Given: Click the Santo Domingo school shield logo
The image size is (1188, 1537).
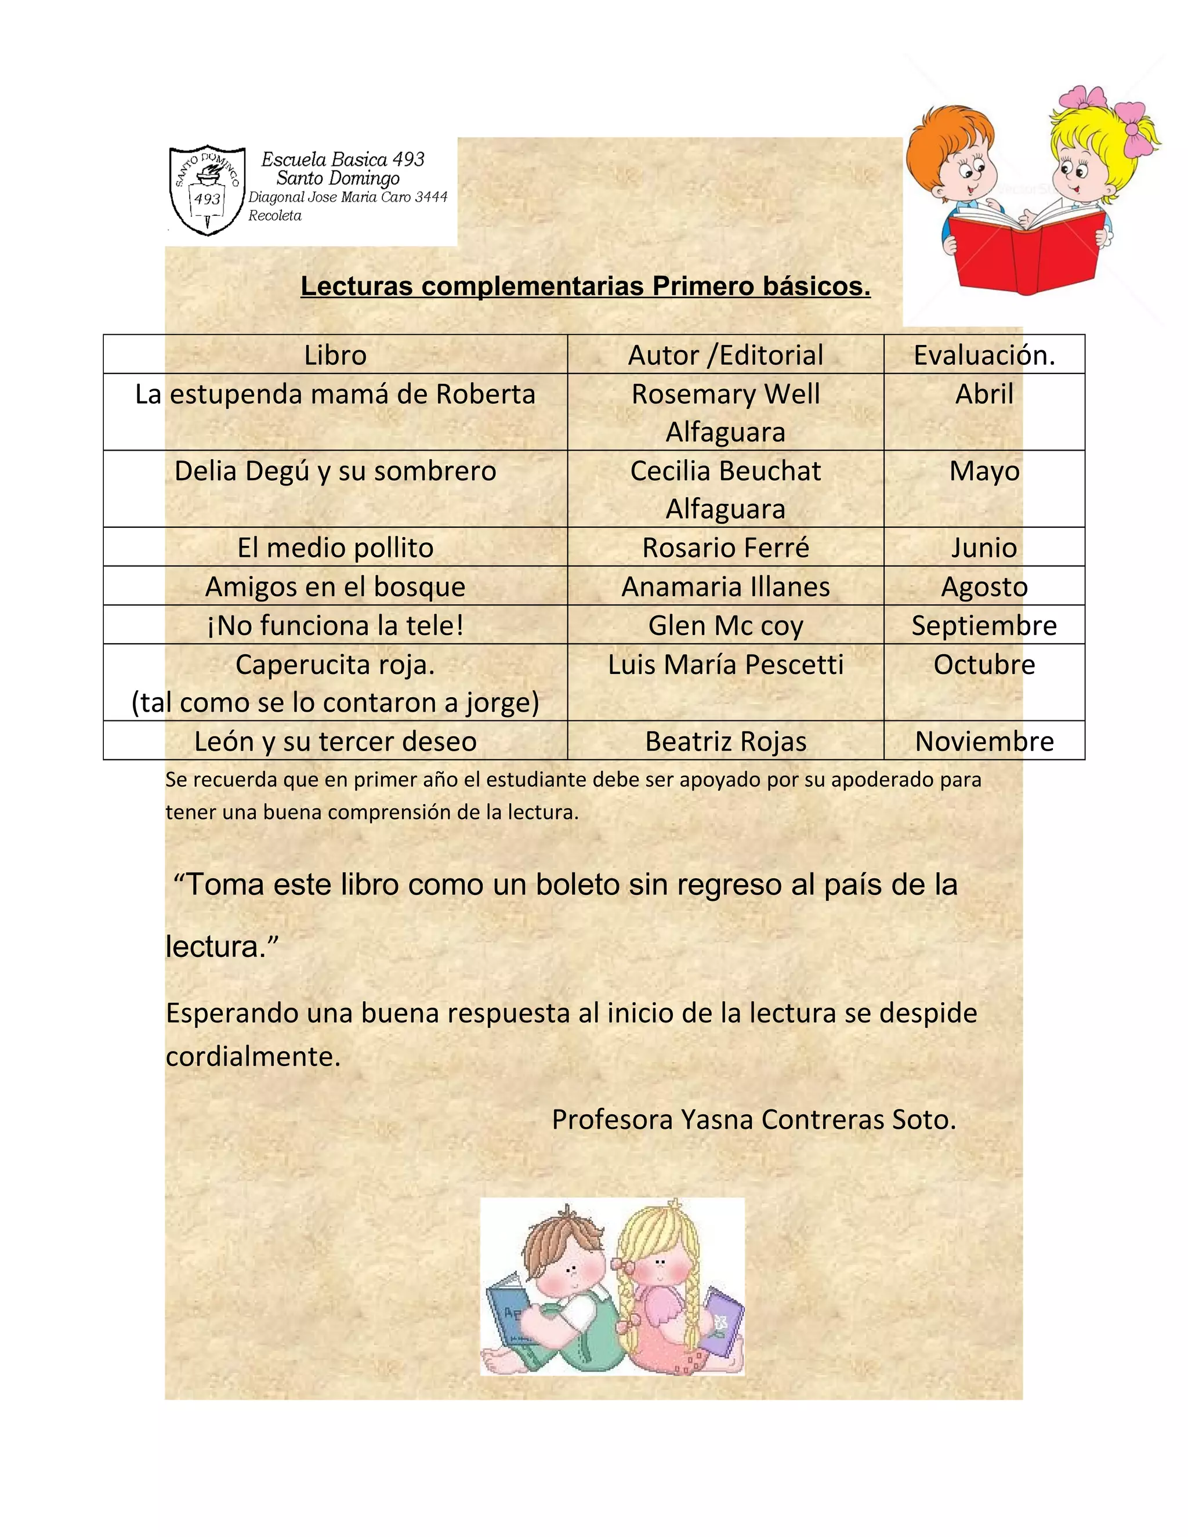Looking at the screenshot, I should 208,190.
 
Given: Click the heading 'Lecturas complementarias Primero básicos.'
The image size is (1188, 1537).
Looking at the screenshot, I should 585,287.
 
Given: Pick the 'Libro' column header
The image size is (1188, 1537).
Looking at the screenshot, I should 335,355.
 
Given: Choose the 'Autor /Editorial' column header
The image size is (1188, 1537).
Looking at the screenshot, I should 725,355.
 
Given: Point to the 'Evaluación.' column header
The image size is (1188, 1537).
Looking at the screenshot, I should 984,355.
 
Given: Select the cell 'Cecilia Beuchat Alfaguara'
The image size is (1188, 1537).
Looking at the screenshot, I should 725,489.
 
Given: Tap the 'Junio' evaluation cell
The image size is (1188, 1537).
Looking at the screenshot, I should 984,548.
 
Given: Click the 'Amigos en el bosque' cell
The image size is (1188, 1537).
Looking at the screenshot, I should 335,586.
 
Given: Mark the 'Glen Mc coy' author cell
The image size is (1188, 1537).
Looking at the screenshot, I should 725,625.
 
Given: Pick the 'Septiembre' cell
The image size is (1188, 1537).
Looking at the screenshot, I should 984,625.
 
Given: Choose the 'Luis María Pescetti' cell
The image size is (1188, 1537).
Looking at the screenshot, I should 725,664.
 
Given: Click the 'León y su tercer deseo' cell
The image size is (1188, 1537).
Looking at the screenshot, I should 335,741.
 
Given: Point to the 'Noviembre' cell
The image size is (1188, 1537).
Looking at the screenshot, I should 984,741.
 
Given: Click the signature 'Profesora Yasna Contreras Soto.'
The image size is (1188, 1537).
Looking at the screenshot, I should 754,1119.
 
